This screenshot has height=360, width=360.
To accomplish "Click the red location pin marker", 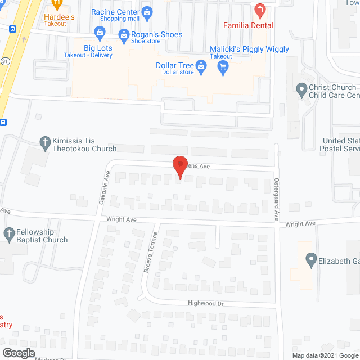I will tap(179, 167).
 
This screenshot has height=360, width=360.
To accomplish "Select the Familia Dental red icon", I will tap(259, 10).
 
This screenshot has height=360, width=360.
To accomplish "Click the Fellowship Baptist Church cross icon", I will tap(9, 233).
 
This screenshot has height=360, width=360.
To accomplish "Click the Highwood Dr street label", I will tap(205, 303).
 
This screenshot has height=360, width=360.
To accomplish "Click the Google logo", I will tap(18, 353).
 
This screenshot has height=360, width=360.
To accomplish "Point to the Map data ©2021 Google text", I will tap(324, 355).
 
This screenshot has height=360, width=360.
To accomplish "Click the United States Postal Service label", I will tap(339, 145).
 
